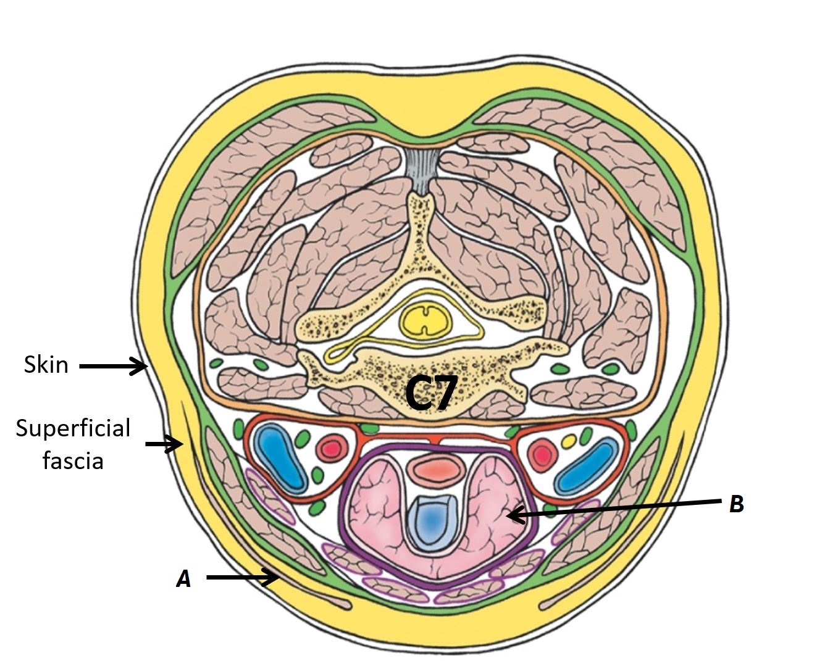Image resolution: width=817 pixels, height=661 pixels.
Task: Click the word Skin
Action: pyautogui.click(x=46, y=365)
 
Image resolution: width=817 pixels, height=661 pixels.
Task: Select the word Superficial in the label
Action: pyautogui.click(x=73, y=428)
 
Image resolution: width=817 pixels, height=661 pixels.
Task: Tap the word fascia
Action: pyautogui.click(x=73, y=460)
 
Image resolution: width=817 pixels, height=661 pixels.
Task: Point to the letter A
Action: pyautogui.click(x=183, y=579)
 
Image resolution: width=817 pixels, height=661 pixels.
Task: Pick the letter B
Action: pyautogui.click(x=736, y=504)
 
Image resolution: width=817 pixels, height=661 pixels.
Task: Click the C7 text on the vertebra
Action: pyautogui.click(x=431, y=394)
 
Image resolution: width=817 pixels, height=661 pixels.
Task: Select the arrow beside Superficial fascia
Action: pyautogui.click(x=164, y=444)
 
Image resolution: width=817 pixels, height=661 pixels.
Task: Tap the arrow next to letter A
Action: pyautogui.click(x=241, y=578)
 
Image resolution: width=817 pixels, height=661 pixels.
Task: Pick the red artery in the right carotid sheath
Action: pyautogui.click(x=543, y=455)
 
